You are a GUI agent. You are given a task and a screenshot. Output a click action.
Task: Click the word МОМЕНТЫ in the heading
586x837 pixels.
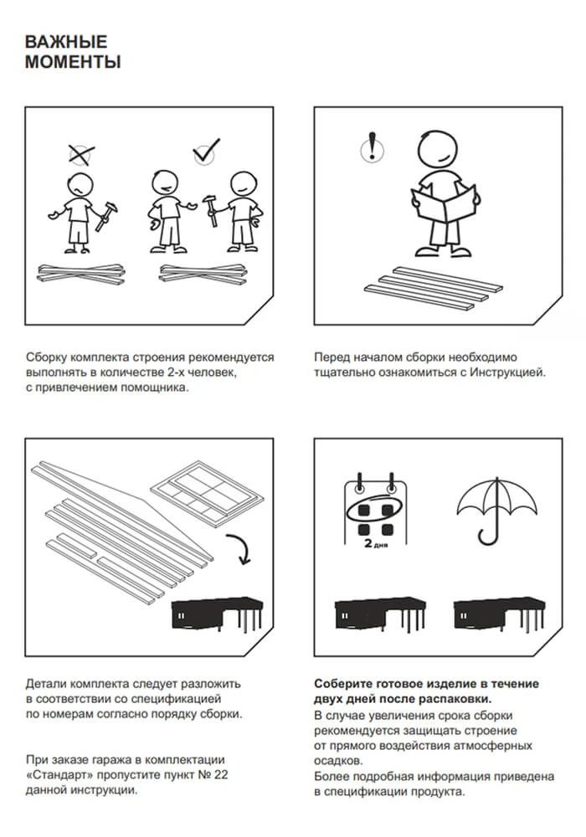[73, 62]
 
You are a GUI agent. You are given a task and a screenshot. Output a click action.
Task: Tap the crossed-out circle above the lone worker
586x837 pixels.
[80, 154]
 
